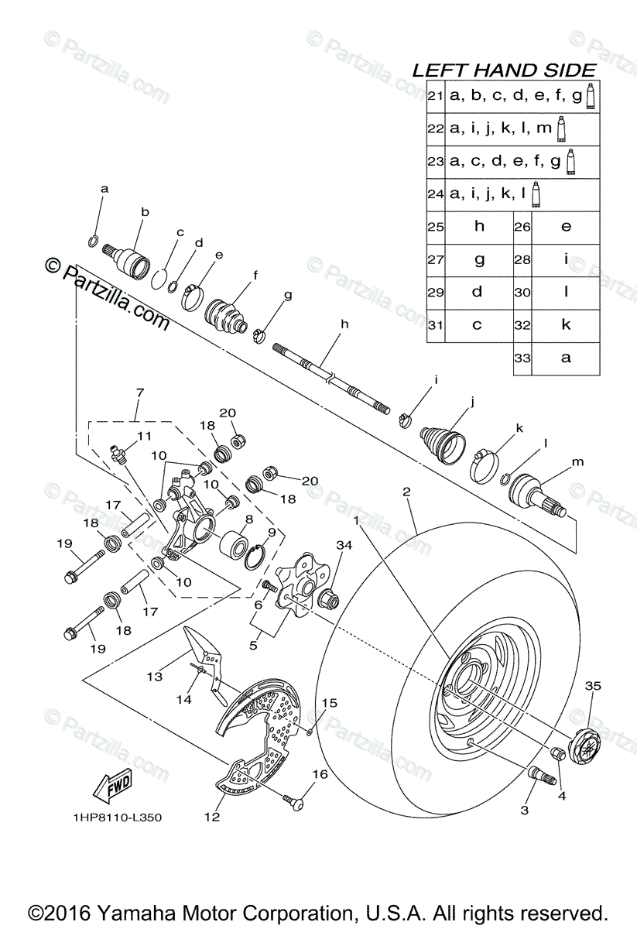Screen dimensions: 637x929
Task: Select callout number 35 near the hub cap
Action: (593, 686)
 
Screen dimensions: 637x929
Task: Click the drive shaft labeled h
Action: (333, 377)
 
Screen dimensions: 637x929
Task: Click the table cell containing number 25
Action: (435, 227)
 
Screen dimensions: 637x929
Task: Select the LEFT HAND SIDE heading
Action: (504, 70)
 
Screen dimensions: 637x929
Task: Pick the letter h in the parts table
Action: (479, 226)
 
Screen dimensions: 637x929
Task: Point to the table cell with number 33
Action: (522, 358)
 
